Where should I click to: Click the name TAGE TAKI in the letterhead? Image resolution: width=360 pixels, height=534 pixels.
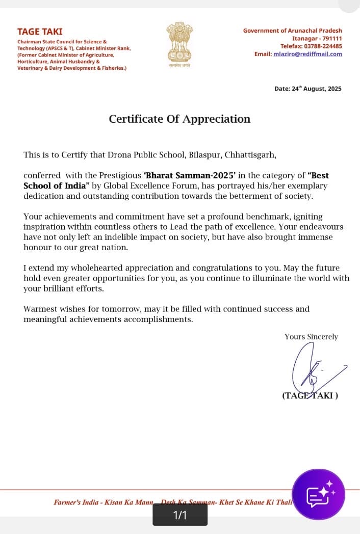[x=40, y=32]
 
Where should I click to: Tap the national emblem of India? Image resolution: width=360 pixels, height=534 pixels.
[x=179, y=44]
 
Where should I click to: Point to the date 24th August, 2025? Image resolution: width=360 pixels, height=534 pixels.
[x=308, y=89]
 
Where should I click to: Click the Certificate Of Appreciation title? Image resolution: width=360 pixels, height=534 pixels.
[x=179, y=119]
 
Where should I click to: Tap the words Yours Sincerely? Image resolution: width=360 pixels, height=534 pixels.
[x=311, y=337]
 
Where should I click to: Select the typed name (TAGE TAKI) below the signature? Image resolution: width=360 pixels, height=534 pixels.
[x=310, y=395]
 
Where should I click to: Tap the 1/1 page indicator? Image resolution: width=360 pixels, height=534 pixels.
[x=180, y=515]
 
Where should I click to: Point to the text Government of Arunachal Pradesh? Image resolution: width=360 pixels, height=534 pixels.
[x=292, y=31]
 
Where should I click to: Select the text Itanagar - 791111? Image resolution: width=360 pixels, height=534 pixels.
[x=317, y=39]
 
